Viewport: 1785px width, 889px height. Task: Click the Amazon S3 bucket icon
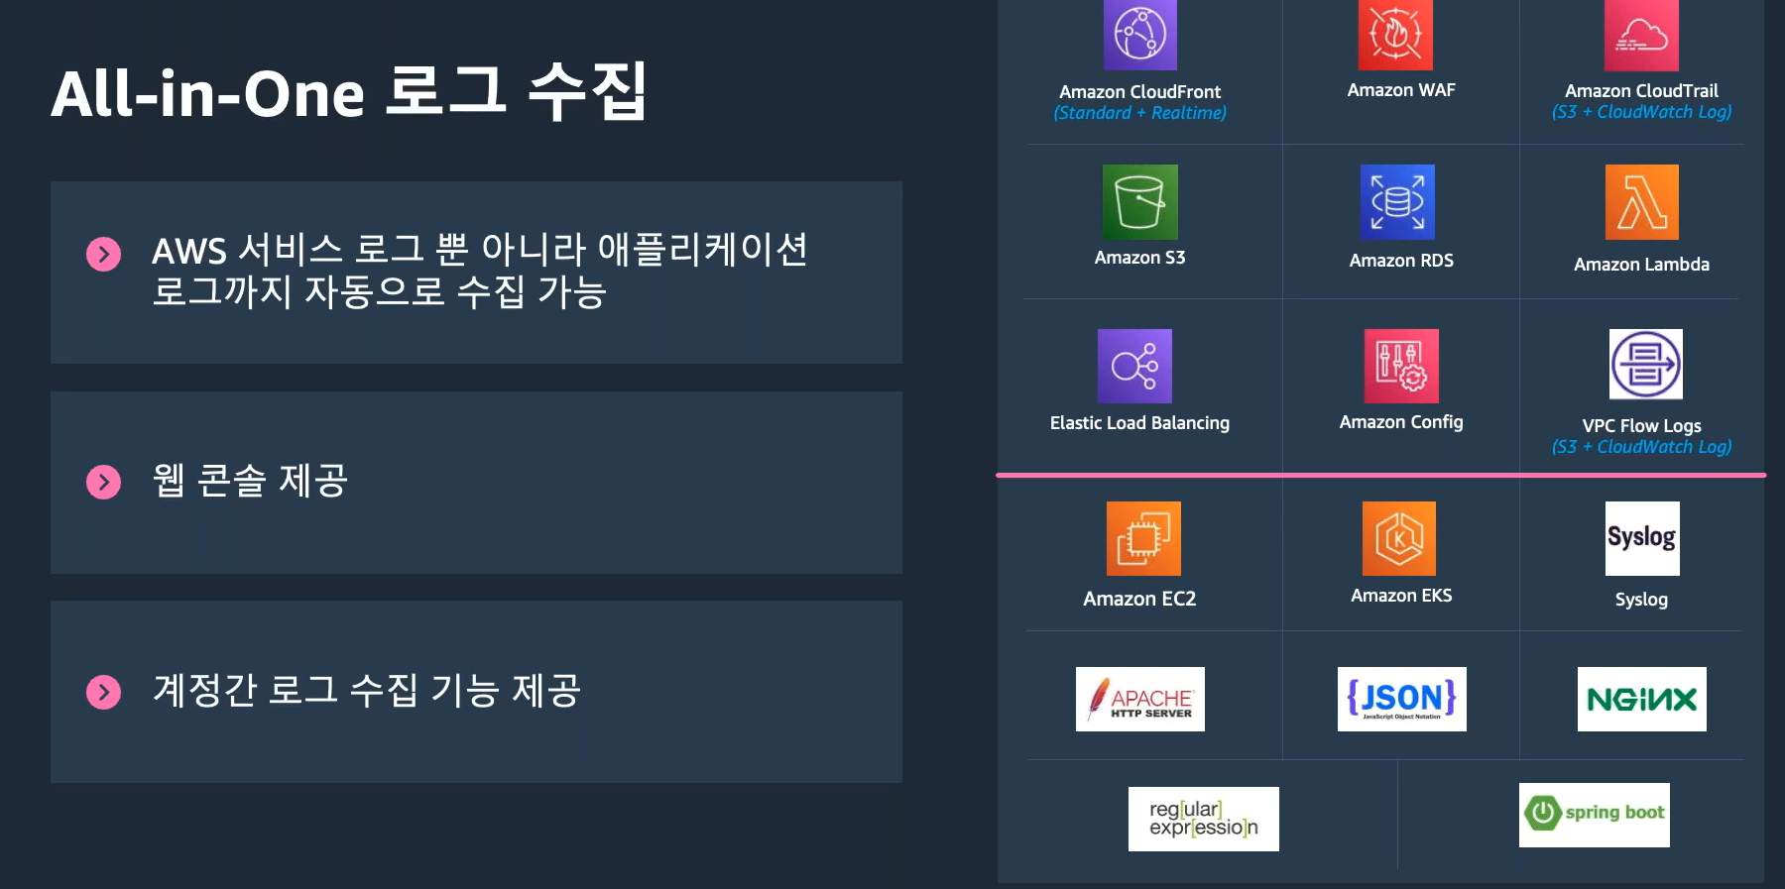click(x=1139, y=201)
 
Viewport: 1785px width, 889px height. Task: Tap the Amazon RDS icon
click(x=1397, y=201)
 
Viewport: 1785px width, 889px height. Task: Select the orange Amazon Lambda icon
click(x=1641, y=202)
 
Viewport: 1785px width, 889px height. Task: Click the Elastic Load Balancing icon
click(x=1134, y=366)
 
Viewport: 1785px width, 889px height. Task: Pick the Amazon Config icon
click(x=1400, y=366)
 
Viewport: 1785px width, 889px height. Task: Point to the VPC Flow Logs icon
click(x=1645, y=364)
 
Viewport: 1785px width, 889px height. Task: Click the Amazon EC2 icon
click(x=1143, y=538)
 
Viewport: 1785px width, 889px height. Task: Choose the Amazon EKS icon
click(x=1398, y=538)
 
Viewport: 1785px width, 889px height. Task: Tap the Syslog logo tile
click(x=1642, y=538)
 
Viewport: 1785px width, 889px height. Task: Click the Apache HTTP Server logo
click(x=1140, y=699)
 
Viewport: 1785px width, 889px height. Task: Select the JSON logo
click(x=1401, y=699)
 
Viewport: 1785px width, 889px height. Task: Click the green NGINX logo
click(x=1641, y=699)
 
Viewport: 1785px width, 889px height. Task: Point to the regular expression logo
click(x=1203, y=819)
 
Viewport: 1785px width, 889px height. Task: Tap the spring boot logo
click(x=1594, y=815)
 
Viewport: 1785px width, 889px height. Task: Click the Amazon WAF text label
click(x=1400, y=90)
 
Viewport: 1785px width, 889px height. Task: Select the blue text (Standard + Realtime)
click(x=1139, y=113)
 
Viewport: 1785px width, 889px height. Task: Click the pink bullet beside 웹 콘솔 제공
click(x=103, y=482)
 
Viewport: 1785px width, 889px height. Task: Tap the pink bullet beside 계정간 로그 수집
click(x=103, y=692)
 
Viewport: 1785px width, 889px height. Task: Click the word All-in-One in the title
click(x=208, y=94)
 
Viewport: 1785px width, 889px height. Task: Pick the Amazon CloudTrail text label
click(x=1641, y=91)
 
